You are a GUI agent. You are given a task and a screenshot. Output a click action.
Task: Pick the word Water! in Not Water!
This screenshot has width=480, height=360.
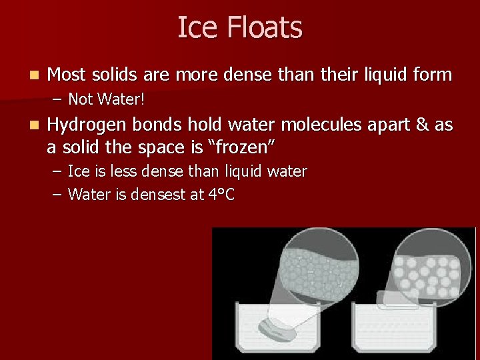point(120,99)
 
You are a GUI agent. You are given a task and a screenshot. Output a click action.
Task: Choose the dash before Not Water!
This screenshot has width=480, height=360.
point(57,99)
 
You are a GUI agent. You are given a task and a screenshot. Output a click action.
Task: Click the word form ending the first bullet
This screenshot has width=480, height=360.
point(434,75)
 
